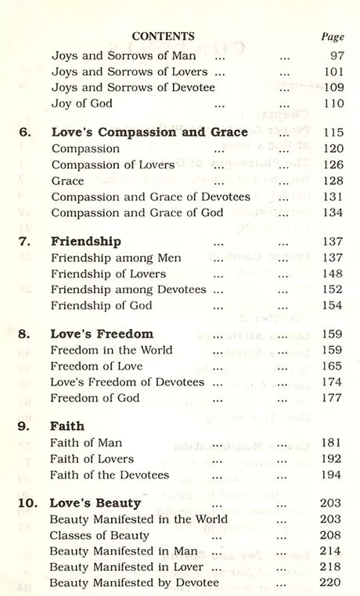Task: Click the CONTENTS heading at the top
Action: tap(164, 36)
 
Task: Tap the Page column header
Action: tap(333, 37)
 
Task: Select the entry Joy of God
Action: tap(81, 103)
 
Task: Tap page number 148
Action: tap(332, 273)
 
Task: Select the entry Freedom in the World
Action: tap(111, 349)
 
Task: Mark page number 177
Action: tap(332, 398)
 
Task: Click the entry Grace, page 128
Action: tap(67, 180)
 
